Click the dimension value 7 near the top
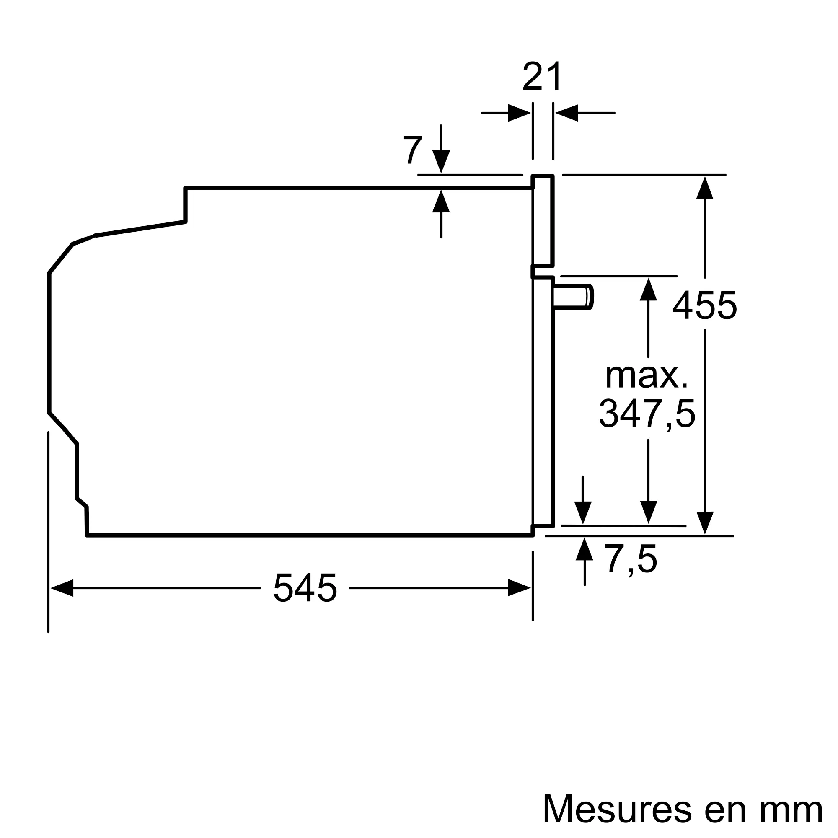(x=412, y=150)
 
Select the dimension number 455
(x=704, y=305)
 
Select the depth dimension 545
(x=305, y=588)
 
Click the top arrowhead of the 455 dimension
(x=705, y=188)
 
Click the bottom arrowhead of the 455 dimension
(x=705, y=522)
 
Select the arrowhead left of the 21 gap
(x=519, y=113)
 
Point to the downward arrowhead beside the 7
(x=441, y=161)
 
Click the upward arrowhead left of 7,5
(x=585, y=549)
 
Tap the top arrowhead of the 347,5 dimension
(x=648, y=289)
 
